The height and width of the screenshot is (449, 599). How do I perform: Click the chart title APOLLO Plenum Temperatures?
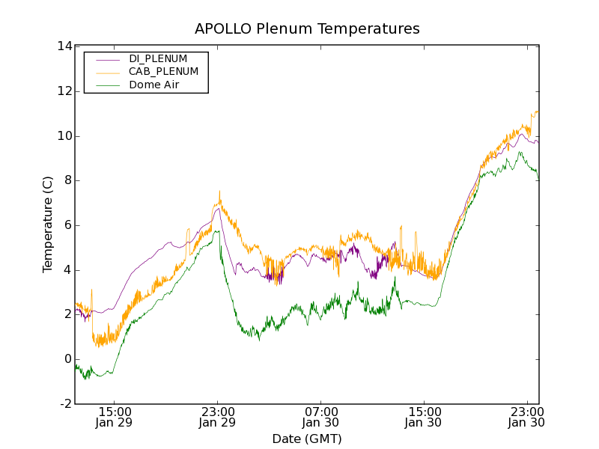tap(307, 29)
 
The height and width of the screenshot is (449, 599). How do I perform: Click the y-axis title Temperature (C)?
tap(48, 224)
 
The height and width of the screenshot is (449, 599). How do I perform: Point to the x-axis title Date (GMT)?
tap(307, 439)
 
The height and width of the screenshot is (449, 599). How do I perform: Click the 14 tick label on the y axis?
tap(64, 46)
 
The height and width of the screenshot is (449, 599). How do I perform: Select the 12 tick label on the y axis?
tap(64, 91)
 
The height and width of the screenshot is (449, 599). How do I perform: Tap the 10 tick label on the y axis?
tap(64, 136)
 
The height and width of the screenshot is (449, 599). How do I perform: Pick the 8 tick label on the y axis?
tap(67, 180)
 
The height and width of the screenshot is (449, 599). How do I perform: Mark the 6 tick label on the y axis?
tap(67, 225)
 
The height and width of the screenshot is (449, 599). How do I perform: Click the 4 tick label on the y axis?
tap(67, 270)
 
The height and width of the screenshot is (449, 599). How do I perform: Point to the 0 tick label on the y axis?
tap(67, 359)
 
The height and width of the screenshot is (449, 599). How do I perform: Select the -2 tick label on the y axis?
tap(65, 404)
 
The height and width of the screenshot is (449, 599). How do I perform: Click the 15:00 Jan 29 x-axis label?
tap(115, 418)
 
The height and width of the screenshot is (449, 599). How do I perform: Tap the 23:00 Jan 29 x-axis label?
tap(218, 418)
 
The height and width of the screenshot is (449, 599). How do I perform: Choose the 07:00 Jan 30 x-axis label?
tap(321, 418)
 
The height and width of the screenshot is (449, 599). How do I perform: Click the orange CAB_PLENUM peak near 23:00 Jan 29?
tap(219, 192)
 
